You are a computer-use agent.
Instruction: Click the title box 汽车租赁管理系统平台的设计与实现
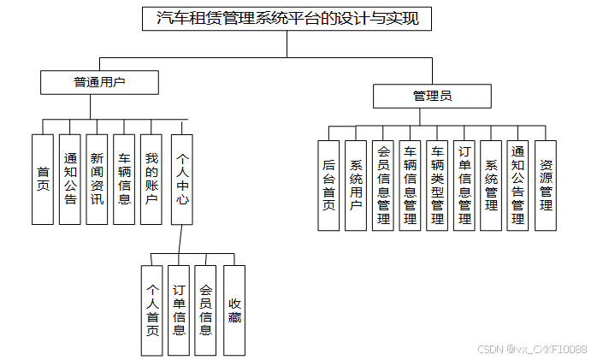(x=287, y=18)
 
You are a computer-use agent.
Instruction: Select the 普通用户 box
(x=100, y=82)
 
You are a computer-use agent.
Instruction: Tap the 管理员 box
(x=432, y=96)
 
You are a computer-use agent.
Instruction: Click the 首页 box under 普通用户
(x=43, y=179)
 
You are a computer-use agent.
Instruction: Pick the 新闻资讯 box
(x=97, y=179)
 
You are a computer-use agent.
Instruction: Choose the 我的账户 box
(x=151, y=179)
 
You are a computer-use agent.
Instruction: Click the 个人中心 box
(x=182, y=179)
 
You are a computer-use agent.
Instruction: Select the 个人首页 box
(x=152, y=310)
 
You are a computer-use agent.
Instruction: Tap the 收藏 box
(x=234, y=310)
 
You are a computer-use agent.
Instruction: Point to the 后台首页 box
(x=328, y=185)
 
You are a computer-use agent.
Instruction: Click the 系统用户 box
(x=356, y=185)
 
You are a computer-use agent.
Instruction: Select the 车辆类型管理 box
(x=437, y=185)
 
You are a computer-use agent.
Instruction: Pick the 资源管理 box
(x=546, y=185)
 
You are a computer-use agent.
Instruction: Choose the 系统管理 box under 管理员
(x=491, y=185)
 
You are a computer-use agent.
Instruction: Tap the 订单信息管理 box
(x=464, y=185)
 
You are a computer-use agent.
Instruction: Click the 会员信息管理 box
(x=382, y=185)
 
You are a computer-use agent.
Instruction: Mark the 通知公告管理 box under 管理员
(x=518, y=185)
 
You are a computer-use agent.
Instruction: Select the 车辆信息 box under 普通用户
(x=124, y=179)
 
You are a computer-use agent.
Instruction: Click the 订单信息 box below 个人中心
(x=179, y=310)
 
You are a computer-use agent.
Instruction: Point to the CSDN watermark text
(x=532, y=349)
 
